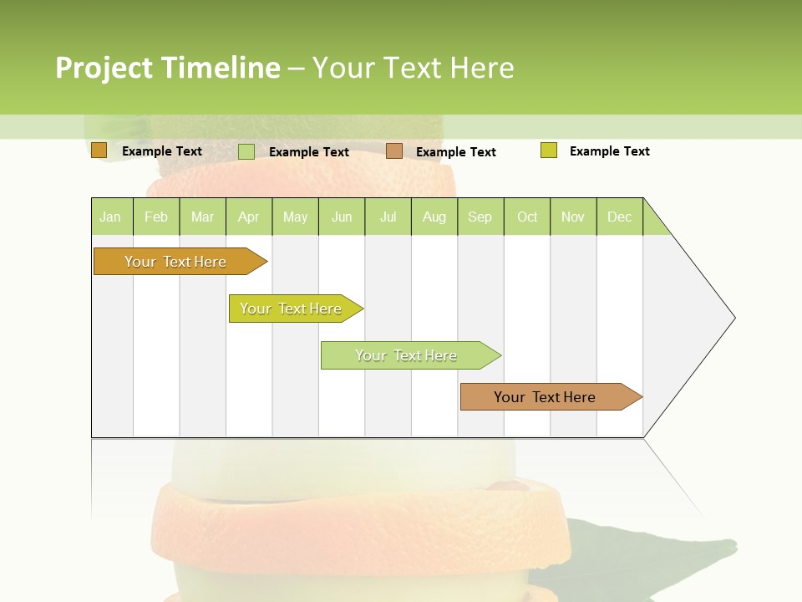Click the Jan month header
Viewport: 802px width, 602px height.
point(111,217)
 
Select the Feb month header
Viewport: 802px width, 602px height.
point(156,217)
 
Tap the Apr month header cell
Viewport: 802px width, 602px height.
point(249,217)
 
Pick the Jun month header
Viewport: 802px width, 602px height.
point(342,217)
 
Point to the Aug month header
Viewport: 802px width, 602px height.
point(434,217)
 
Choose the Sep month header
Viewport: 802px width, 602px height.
point(480,217)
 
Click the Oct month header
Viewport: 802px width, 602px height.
point(527,217)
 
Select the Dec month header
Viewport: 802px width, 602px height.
point(620,217)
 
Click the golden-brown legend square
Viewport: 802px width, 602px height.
point(99,150)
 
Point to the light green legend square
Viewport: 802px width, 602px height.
point(246,151)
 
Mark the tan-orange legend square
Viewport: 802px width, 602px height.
point(394,151)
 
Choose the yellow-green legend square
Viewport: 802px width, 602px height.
point(549,150)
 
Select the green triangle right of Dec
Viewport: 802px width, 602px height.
point(653,223)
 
